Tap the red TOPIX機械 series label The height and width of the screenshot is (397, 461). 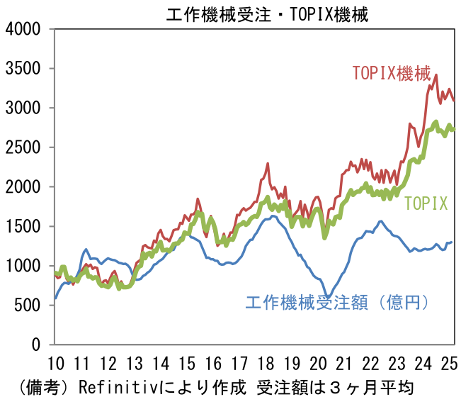(x=391, y=73)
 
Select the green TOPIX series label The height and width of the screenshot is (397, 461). (x=426, y=204)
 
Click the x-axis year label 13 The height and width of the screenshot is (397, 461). (x=135, y=364)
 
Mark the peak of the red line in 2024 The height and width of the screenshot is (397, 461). (x=436, y=74)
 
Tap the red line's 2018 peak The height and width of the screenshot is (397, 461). (x=268, y=164)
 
